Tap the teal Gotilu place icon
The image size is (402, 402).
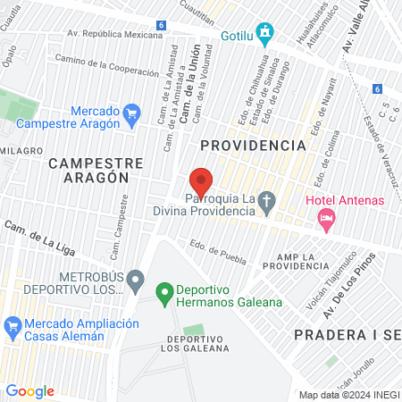(x=264, y=35)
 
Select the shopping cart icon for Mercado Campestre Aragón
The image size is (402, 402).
(x=133, y=112)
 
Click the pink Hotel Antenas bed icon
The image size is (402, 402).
(x=327, y=217)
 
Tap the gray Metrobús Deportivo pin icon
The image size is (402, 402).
(x=135, y=282)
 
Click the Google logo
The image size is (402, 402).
(x=29, y=391)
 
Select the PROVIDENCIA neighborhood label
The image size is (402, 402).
(x=253, y=145)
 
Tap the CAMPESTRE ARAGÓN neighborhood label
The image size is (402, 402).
(x=96, y=170)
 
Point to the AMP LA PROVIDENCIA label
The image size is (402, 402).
(x=302, y=262)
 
